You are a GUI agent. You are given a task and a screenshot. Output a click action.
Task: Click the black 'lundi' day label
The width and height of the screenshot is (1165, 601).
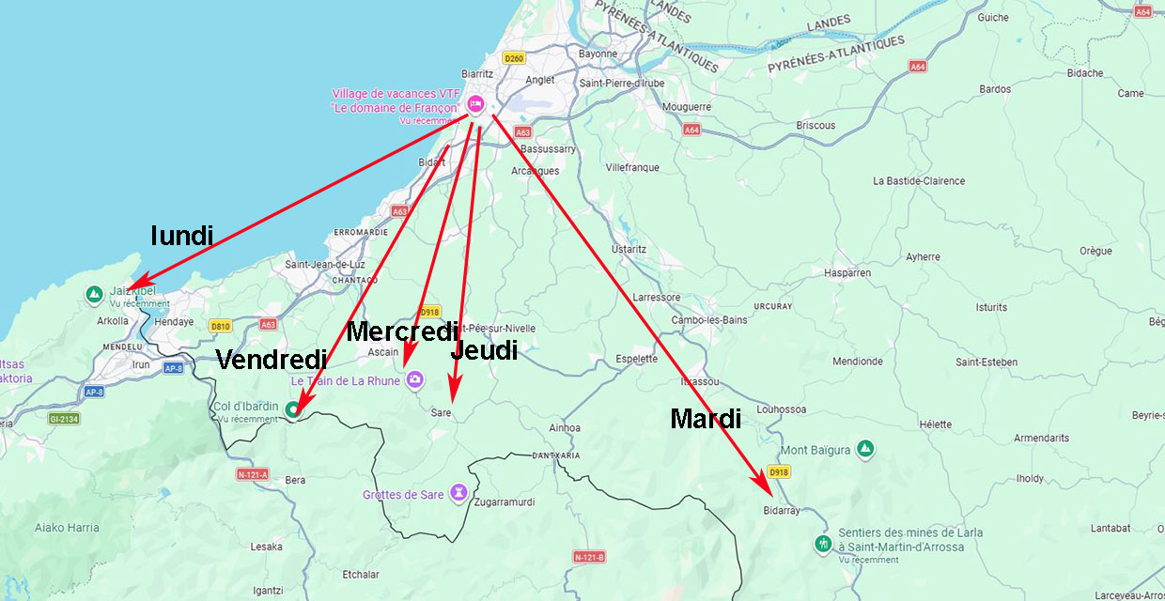tap(182, 235)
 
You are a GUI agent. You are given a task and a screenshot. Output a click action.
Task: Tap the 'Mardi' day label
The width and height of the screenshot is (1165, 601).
tap(705, 419)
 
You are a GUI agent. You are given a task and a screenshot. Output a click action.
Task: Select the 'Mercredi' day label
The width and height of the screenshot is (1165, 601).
tap(401, 331)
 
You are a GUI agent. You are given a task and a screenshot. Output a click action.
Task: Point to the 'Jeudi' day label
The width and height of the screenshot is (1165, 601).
tap(484, 350)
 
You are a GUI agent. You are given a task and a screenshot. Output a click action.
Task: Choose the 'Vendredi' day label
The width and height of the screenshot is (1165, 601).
tap(272, 360)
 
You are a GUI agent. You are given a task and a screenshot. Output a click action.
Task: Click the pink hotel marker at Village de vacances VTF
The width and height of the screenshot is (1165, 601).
tap(475, 102)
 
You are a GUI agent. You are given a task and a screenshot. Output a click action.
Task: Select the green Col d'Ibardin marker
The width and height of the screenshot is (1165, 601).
tap(293, 408)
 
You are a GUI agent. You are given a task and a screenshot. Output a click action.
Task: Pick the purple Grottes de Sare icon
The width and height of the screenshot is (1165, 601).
tap(458, 492)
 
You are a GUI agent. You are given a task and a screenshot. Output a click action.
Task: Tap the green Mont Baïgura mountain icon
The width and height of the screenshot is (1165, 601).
tap(865, 450)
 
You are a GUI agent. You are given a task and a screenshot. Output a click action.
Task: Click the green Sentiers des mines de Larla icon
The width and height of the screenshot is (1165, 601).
tap(823, 544)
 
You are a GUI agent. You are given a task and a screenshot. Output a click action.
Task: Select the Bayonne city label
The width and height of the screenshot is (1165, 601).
tap(598, 54)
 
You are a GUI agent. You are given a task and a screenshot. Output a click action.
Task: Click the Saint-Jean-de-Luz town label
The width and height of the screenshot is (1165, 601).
tap(324, 265)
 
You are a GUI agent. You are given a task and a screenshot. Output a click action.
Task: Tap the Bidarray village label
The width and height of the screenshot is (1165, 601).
tap(781, 511)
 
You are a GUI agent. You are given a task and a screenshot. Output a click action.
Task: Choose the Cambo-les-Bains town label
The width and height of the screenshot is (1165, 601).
tap(708, 320)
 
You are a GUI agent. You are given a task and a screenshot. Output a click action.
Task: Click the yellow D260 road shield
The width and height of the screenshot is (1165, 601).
tap(513, 58)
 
